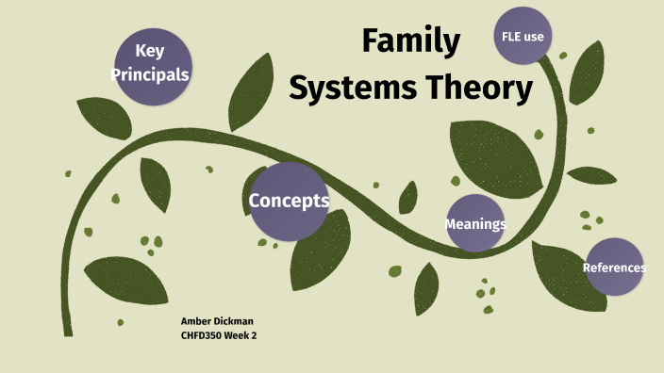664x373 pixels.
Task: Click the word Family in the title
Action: point(411,41)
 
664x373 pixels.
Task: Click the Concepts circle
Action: point(289,201)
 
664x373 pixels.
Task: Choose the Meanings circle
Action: point(474,223)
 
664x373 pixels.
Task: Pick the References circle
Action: point(614,267)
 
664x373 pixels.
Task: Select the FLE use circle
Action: point(523,37)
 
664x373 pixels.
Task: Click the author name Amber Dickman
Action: point(216,321)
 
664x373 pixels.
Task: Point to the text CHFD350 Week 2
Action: point(219,334)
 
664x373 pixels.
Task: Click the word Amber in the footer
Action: point(196,321)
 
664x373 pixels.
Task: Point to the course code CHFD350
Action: point(201,334)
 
